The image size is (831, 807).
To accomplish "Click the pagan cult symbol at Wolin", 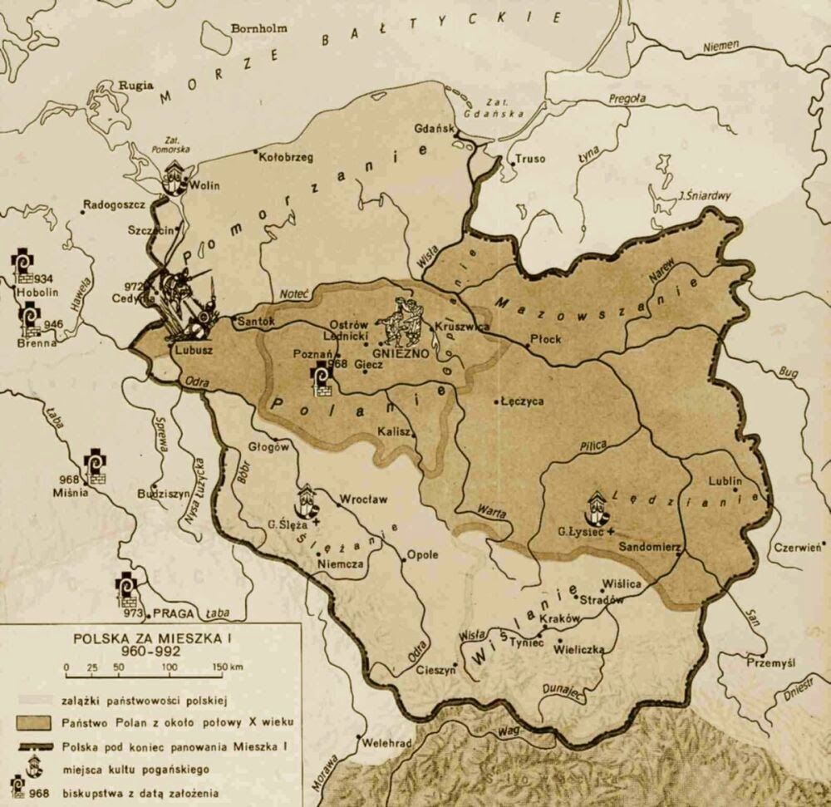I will (175, 177).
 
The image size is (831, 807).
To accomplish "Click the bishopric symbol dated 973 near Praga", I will (127, 592).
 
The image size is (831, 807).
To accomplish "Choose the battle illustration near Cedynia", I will (184, 303).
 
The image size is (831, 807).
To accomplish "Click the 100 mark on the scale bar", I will (170, 667).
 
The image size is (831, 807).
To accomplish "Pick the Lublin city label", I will (724, 480).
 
